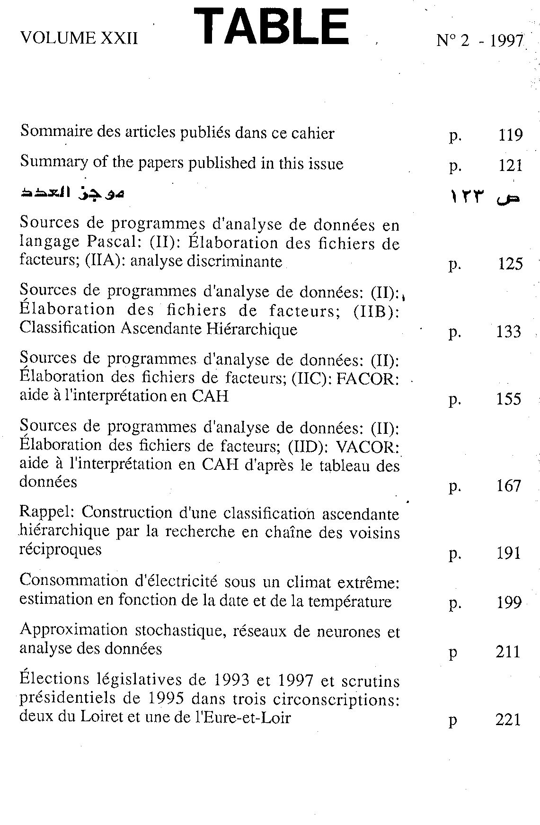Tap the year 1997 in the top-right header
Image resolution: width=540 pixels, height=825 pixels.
point(506,41)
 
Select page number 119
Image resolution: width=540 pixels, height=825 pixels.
point(510,135)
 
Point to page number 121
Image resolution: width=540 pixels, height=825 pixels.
point(510,165)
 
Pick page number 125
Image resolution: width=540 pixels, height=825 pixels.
point(510,263)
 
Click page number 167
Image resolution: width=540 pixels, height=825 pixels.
point(509,486)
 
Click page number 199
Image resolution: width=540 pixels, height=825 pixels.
point(509,602)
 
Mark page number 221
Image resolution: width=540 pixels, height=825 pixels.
point(508,720)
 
